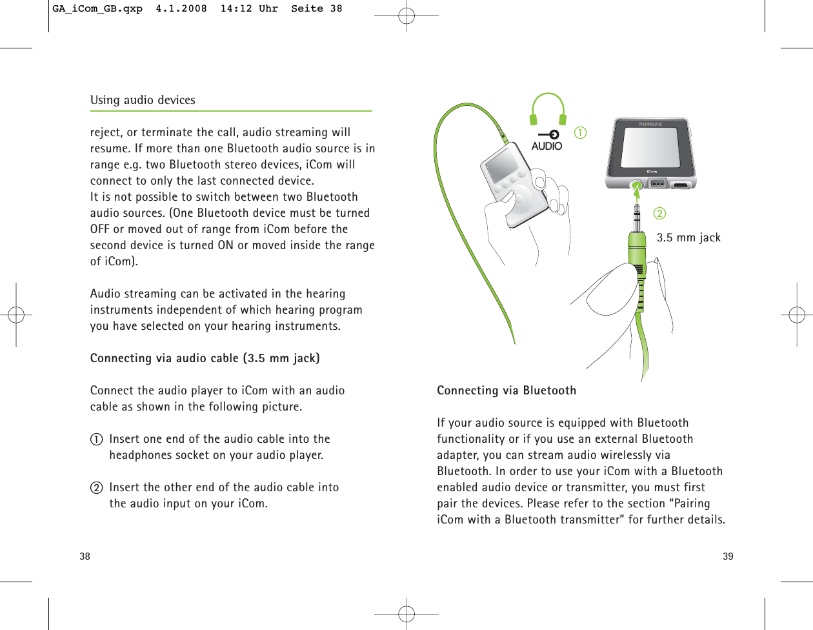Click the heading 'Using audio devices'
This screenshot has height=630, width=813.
pyautogui.click(x=143, y=100)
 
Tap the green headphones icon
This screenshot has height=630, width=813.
pyautogui.click(x=548, y=109)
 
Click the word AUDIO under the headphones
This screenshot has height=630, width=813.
pyautogui.click(x=547, y=147)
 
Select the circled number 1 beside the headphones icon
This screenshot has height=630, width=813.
pyautogui.click(x=581, y=133)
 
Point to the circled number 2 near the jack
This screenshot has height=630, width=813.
pyautogui.click(x=659, y=213)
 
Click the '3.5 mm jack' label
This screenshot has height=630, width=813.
pyautogui.click(x=688, y=238)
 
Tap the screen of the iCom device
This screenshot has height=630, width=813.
pyautogui.click(x=650, y=146)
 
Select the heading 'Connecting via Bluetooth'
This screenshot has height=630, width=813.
pyautogui.click(x=507, y=391)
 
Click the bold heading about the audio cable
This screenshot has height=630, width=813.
pyautogui.click(x=205, y=358)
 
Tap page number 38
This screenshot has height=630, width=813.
pyautogui.click(x=85, y=556)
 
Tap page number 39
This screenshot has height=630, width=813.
pyautogui.click(x=728, y=556)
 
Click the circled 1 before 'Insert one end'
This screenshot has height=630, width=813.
pyautogui.click(x=96, y=440)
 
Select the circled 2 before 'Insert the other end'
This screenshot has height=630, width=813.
pyautogui.click(x=96, y=488)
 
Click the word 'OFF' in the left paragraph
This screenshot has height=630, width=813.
pyautogui.click(x=100, y=229)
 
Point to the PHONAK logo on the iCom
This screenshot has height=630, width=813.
pyautogui.click(x=650, y=124)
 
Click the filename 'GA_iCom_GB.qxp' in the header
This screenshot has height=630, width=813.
pyautogui.click(x=97, y=9)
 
